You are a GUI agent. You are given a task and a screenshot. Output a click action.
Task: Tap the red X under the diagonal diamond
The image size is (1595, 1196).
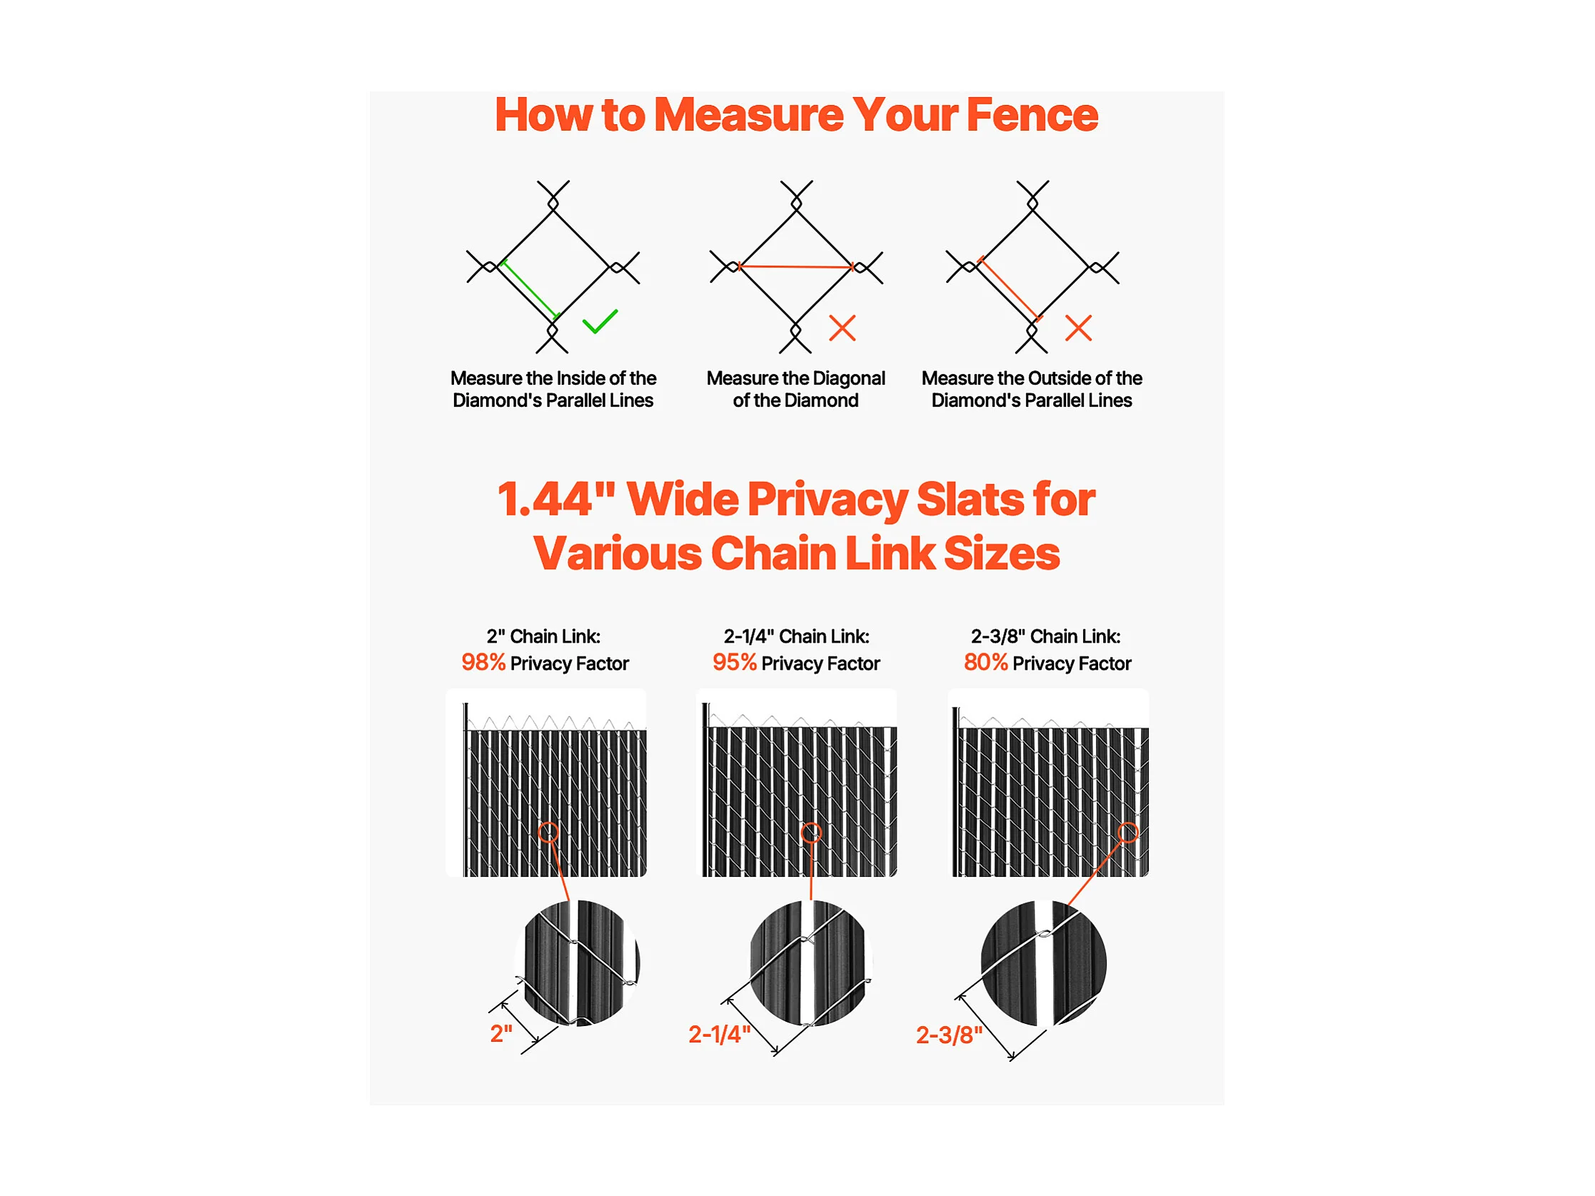click(x=842, y=328)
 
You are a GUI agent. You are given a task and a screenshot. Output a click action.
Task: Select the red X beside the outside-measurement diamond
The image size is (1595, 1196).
click(x=1079, y=328)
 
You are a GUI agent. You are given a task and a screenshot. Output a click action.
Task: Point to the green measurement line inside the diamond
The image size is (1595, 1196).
click(x=530, y=290)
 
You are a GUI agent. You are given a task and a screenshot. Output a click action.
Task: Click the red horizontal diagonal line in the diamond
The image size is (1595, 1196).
click(x=796, y=267)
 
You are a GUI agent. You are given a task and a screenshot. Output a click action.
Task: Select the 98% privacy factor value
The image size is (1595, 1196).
click(x=483, y=663)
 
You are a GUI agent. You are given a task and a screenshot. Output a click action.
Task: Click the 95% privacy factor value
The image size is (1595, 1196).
click(x=734, y=663)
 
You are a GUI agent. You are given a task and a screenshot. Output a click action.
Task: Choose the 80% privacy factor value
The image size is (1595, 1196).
click(x=986, y=663)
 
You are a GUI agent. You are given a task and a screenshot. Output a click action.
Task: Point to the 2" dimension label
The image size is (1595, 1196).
click(x=501, y=1034)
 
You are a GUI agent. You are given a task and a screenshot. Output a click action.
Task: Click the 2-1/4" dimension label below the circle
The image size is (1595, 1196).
click(x=720, y=1035)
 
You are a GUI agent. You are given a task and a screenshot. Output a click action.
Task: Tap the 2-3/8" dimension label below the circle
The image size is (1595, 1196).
click(x=949, y=1036)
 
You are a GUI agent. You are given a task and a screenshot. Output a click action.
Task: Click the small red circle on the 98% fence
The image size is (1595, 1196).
click(x=549, y=833)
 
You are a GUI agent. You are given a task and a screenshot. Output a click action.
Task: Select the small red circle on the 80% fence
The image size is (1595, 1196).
click(x=1129, y=833)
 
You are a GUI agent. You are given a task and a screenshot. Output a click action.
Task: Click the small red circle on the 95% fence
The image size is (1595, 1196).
click(x=812, y=833)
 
